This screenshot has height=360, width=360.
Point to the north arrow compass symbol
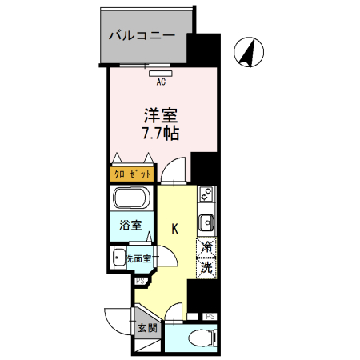tap(250, 53)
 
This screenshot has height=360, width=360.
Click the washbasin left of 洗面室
tap(119, 258)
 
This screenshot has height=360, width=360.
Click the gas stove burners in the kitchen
tap(206, 194)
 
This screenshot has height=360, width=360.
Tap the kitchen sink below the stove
tap(206, 221)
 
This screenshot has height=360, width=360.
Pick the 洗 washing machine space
tap(206, 267)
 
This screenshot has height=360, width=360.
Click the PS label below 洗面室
tap(141, 281)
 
